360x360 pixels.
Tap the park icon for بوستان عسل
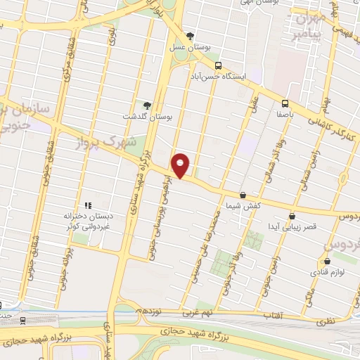189,36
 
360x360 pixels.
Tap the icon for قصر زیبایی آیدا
292,216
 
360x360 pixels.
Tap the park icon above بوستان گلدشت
146,105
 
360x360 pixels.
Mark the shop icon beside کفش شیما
243,195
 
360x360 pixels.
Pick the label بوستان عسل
190,46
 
